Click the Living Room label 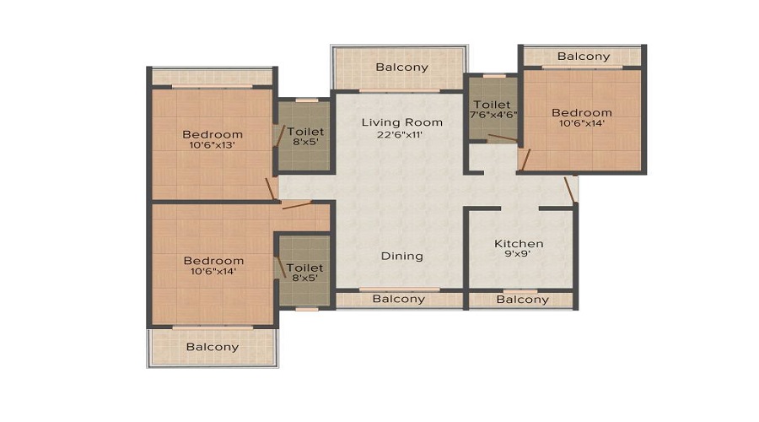(401, 122)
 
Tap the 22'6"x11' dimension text (400, 135)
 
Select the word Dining (401, 257)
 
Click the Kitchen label (519, 244)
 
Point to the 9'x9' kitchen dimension (518, 253)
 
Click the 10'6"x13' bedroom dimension (212, 145)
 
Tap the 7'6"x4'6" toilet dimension (493, 116)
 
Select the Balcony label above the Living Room (401, 68)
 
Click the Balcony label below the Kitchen (522, 300)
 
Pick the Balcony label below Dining (398, 300)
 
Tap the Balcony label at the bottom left (213, 348)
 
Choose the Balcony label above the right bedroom (584, 57)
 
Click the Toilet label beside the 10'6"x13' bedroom (305, 132)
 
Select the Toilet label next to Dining (304, 268)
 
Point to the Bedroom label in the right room (582, 113)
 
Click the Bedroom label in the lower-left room (213, 261)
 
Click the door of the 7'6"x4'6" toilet (503, 138)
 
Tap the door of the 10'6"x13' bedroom (272, 189)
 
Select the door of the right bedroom (525, 160)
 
